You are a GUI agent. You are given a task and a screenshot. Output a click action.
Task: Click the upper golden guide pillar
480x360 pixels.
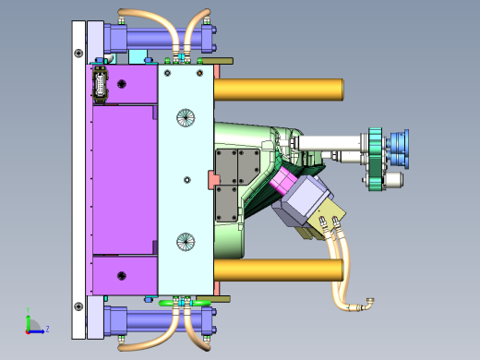(x=279, y=90)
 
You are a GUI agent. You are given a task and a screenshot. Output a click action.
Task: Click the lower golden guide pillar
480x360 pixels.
(x=279, y=270)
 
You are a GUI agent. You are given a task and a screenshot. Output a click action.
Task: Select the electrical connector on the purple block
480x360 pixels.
(x=100, y=84)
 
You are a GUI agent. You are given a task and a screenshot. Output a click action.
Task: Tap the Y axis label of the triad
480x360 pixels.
(x=28, y=310)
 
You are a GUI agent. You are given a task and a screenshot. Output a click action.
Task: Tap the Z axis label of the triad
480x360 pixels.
(x=47, y=330)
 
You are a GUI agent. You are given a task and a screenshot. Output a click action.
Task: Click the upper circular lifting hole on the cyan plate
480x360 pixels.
(x=186, y=117)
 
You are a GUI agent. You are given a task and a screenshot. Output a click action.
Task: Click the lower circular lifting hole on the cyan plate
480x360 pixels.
(x=186, y=242)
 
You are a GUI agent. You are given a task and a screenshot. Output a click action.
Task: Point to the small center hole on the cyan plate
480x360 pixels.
(x=187, y=180)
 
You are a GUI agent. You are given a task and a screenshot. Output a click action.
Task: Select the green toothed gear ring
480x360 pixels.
(x=376, y=160)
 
